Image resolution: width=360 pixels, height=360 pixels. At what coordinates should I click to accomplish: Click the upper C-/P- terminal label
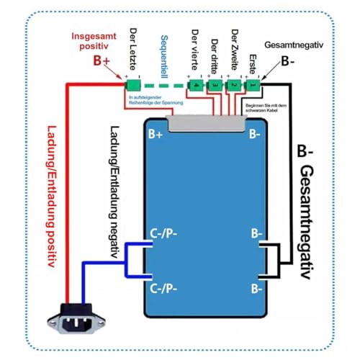(x=166, y=235)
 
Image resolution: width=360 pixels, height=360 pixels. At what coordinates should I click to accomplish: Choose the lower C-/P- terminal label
(x=166, y=286)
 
